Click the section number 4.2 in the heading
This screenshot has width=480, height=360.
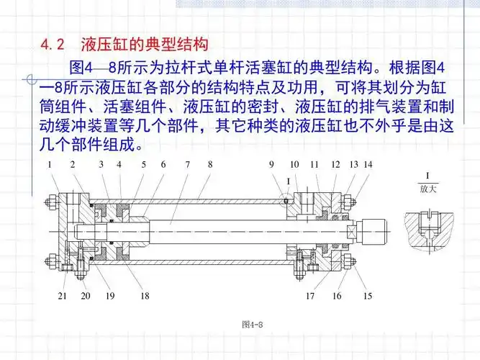tap(54, 45)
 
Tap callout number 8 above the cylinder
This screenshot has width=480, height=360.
tap(210, 165)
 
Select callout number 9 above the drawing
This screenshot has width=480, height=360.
tap(272, 165)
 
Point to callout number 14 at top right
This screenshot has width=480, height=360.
tap(368, 165)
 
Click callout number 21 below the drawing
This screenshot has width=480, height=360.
tap(63, 295)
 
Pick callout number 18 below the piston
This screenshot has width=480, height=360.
tap(145, 295)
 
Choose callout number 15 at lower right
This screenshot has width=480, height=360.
tap(368, 295)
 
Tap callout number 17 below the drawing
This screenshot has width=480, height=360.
tap(311, 295)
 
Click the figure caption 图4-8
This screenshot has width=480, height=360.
tap(253, 325)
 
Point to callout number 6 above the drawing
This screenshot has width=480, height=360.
tap(163, 165)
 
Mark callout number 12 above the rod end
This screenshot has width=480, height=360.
tap(335, 165)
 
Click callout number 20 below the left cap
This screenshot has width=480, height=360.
tap(86, 295)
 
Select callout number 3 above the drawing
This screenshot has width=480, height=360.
tap(101, 165)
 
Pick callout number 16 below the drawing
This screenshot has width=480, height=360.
tap(336, 295)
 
